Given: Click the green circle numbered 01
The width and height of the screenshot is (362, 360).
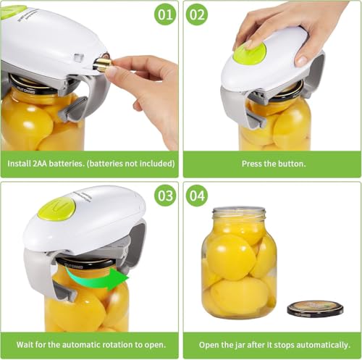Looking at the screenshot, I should point(165,14).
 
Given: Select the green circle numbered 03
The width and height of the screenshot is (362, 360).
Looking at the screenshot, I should point(165,195).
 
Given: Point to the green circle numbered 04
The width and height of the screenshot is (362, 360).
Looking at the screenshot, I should point(196,195).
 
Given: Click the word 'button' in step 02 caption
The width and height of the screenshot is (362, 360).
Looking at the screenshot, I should point(291,164).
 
